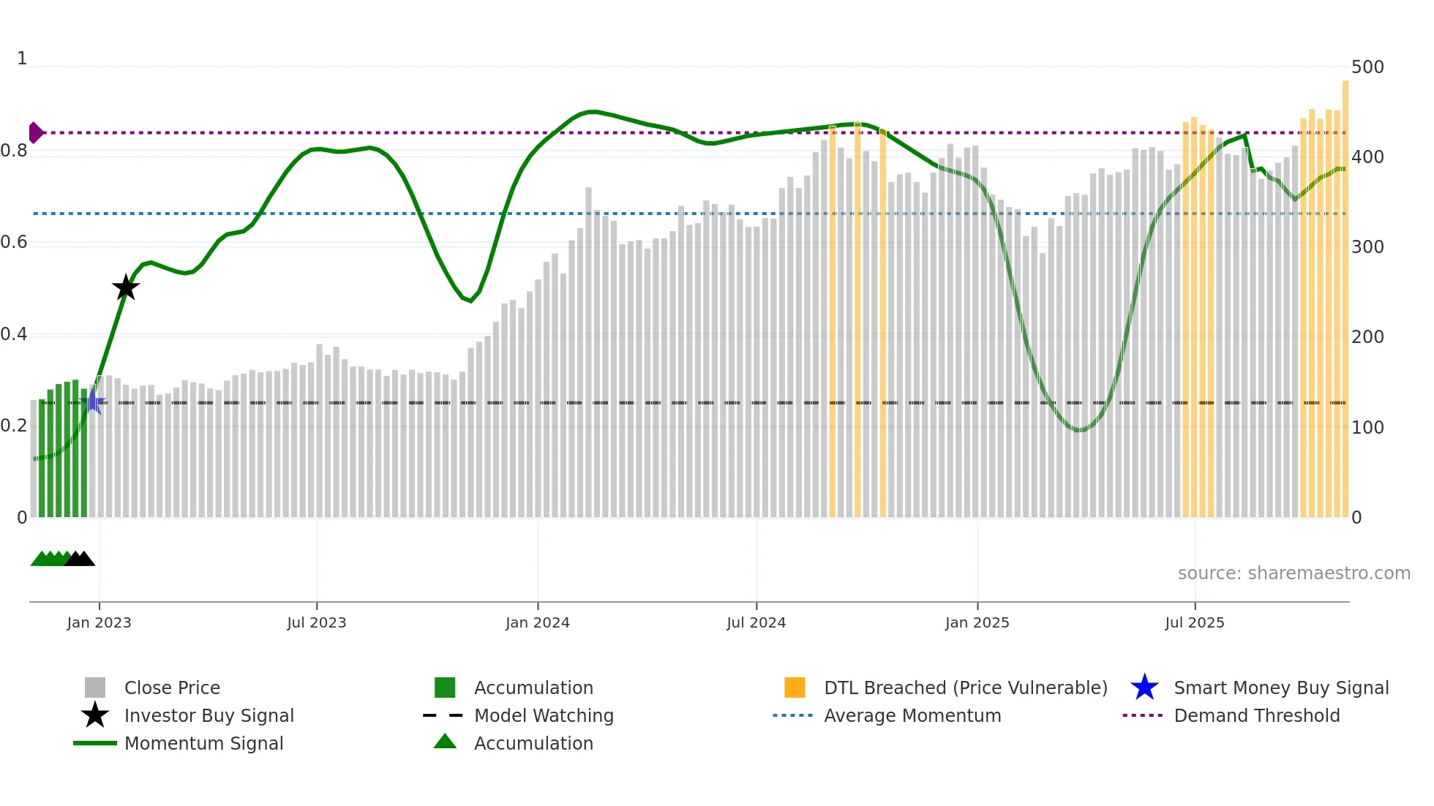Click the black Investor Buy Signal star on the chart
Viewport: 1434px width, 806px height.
pyautogui.click(x=126, y=288)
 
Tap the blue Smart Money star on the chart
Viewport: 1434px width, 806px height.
pyautogui.click(x=94, y=402)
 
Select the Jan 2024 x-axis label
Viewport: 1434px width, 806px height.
pyautogui.click(x=537, y=622)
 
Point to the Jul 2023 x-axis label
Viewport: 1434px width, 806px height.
pyautogui.click(x=316, y=622)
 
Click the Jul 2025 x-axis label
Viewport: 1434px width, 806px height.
pyautogui.click(x=1194, y=622)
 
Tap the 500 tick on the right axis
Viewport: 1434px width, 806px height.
pyautogui.click(x=1367, y=67)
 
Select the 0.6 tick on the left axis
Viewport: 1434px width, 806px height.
pyautogui.click(x=14, y=242)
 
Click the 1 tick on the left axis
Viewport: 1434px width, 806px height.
pyautogui.click(x=22, y=59)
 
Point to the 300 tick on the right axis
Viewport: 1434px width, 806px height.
pyautogui.click(x=1367, y=247)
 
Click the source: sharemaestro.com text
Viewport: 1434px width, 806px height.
pyautogui.click(x=1294, y=573)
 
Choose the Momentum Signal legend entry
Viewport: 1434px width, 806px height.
pyautogui.click(x=203, y=743)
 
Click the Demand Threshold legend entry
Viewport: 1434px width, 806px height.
pyautogui.click(x=1256, y=715)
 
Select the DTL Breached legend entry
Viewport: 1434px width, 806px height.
pyautogui.click(x=965, y=688)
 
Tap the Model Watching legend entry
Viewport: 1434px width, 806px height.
pyautogui.click(x=544, y=715)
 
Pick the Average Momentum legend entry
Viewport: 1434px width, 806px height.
pyautogui.click(x=912, y=715)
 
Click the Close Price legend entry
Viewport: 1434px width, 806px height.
pyautogui.click(x=172, y=688)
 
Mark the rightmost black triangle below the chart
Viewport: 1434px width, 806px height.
pyautogui.click(x=86, y=559)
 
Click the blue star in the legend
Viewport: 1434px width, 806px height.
pyautogui.click(x=1144, y=688)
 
